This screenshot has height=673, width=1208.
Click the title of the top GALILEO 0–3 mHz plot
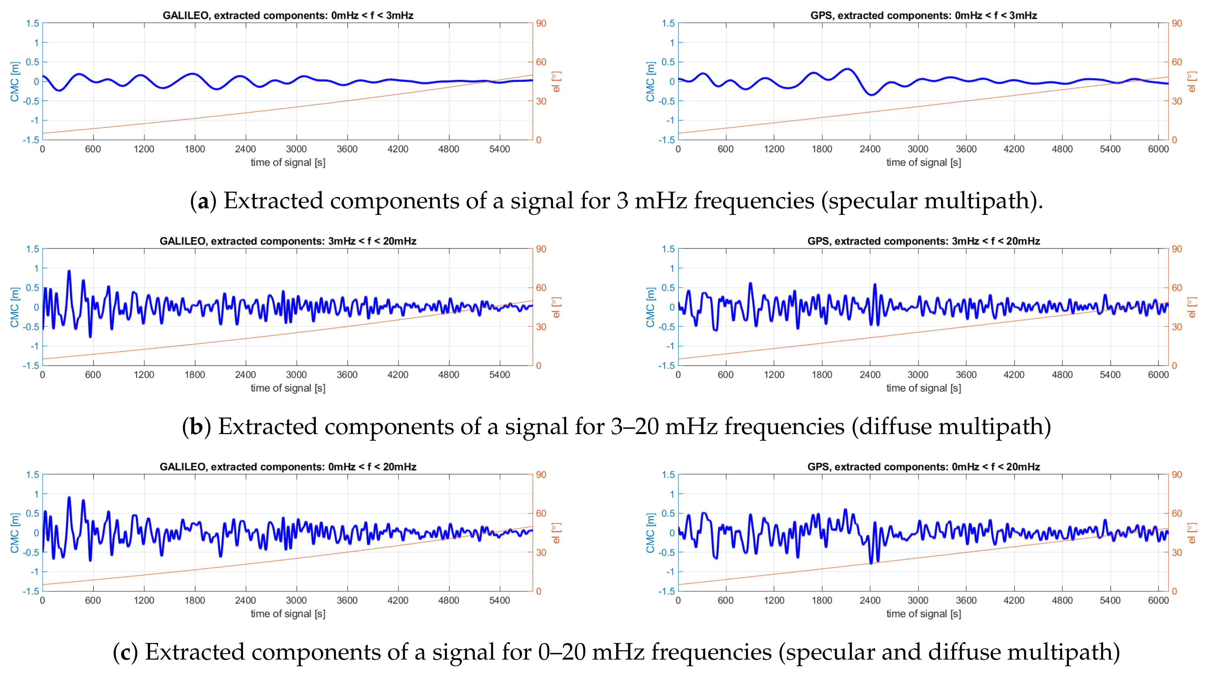[x=288, y=15]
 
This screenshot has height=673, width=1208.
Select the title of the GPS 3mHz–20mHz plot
[x=923, y=241]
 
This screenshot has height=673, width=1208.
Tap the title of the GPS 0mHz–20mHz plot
[x=923, y=467]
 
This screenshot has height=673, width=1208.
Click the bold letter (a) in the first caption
[x=203, y=201]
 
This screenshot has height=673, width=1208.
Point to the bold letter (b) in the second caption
[x=196, y=426]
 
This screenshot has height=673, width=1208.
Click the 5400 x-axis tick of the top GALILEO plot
[x=499, y=149]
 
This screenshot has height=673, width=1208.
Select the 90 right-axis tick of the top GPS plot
[x=1177, y=23]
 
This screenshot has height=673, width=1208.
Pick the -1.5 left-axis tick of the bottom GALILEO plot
[x=31, y=591]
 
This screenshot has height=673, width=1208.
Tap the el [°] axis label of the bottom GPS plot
[x=1192, y=533]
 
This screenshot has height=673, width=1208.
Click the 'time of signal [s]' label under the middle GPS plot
[x=923, y=388]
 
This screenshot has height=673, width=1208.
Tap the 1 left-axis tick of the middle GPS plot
[x=672, y=268]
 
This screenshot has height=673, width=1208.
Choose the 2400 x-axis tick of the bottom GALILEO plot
[x=245, y=600]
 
